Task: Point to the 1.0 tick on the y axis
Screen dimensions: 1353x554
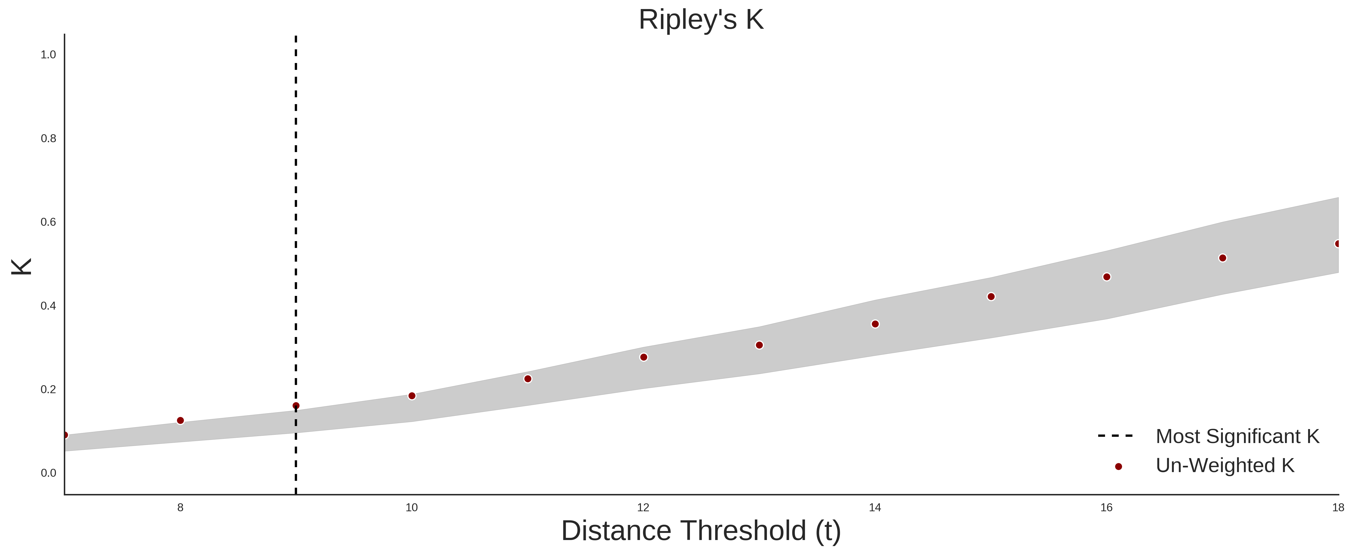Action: point(48,55)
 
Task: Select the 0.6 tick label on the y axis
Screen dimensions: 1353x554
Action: point(48,222)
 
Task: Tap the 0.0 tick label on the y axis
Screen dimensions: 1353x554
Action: point(48,473)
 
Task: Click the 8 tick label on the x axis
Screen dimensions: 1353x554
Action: point(180,507)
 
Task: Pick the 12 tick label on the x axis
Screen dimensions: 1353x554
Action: point(643,507)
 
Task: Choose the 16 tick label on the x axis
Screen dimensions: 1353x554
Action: point(1107,507)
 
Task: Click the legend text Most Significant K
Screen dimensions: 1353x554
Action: point(1237,436)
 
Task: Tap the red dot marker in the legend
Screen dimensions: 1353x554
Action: point(1118,466)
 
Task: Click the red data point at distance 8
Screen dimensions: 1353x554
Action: point(180,421)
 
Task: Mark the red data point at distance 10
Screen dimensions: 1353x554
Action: point(412,396)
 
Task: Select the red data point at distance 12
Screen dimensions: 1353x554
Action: point(643,357)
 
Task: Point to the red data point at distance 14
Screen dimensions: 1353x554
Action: point(875,324)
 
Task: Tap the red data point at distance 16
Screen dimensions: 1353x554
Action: point(1107,277)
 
